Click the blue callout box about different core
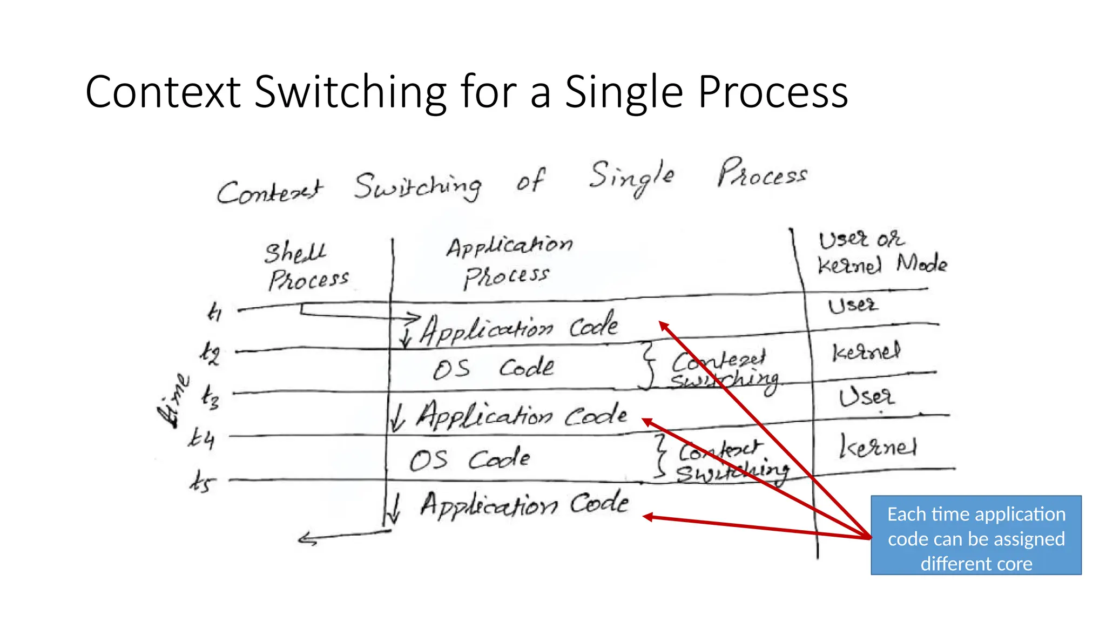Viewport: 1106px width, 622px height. (x=976, y=535)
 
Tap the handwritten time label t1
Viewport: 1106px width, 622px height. (x=214, y=312)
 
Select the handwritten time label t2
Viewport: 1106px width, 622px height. (x=210, y=354)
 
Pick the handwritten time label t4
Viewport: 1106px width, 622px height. (x=201, y=437)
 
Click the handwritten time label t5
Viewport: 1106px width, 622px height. (x=203, y=481)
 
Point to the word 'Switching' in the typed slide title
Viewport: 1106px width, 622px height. (x=350, y=92)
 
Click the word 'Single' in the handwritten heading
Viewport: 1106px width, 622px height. (x=631, y=177)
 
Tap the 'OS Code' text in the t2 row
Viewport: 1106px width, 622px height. (x=493, y=368)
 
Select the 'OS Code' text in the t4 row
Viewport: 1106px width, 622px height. (x=469, y=459)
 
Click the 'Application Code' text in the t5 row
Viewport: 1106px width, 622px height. (x=524, y=505)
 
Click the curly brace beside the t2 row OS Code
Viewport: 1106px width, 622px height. (x=648, y=365)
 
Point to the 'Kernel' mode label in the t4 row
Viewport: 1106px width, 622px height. (x=878, y=447)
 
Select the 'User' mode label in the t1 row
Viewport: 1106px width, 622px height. (x=853, y=306)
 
